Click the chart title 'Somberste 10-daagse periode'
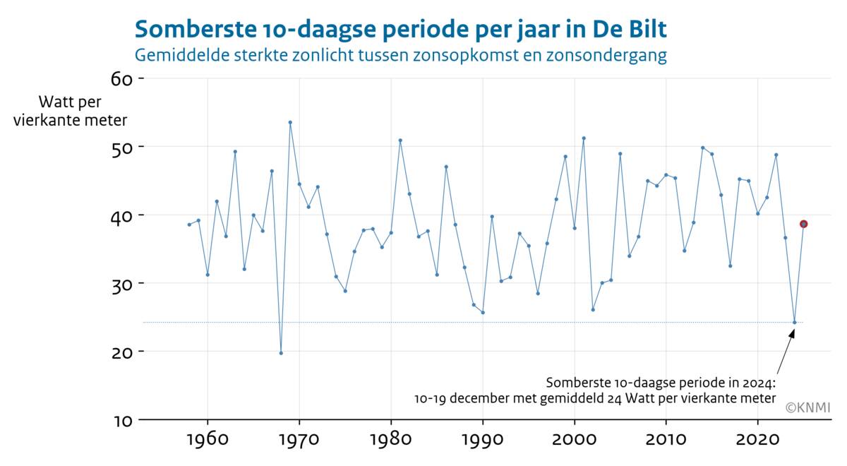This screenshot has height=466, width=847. click(400, 30)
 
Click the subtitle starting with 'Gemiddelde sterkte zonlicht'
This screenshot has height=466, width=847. click(400, 55)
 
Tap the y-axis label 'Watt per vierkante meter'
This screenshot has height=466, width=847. click(71, 111)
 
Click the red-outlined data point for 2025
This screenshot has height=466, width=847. click(803, 224)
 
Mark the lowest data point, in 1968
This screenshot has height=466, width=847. click(281, 353)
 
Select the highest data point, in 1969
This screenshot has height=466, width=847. click(290, 122)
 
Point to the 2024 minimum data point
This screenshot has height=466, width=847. click(794, 323)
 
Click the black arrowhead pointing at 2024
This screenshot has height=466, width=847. click(792, 333)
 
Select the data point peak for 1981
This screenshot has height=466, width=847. click(400, 140)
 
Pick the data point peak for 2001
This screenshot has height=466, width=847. click(584, 138)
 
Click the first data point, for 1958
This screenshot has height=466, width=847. click(189, 225)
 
